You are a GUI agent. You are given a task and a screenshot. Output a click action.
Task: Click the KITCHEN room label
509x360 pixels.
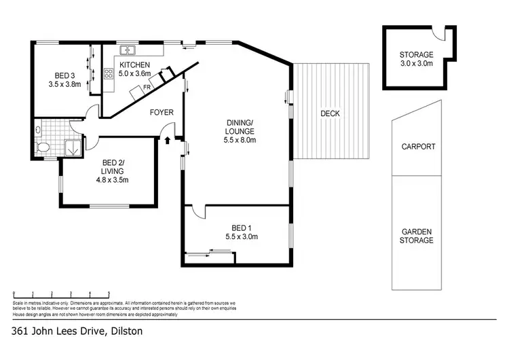[134, 65]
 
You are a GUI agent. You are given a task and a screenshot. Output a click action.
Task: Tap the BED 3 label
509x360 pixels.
[65, 76]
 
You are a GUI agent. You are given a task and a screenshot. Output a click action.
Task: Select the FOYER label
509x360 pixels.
[162, 112]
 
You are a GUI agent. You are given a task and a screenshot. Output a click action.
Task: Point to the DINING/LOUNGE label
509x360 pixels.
[240, 127]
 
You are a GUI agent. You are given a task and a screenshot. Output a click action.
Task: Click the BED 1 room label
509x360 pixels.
[240, 228]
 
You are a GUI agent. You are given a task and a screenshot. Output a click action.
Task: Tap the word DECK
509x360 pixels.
[330, 113]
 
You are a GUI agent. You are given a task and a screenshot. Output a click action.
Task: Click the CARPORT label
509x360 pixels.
[418, 147]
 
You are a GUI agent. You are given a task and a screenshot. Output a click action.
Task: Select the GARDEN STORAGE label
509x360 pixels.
[417, 236]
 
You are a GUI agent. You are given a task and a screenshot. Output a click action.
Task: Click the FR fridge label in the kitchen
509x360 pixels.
[146, 88]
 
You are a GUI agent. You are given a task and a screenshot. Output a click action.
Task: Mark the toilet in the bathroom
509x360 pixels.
[41, 146]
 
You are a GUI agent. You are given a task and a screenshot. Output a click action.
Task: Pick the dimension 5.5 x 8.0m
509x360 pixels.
[240, 140]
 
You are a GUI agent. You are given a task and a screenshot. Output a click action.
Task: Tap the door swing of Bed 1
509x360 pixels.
[197, 212]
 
